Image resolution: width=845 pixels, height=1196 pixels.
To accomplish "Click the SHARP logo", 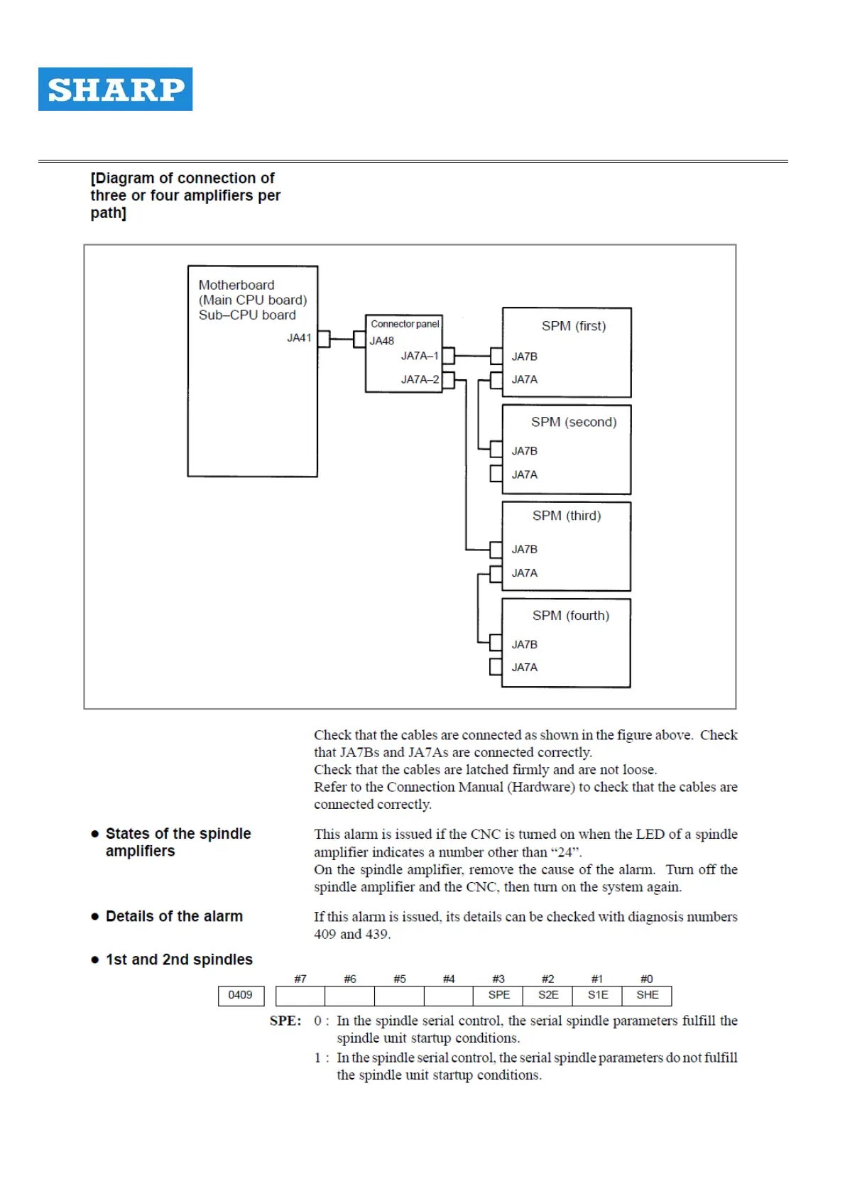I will pyautogui.click(x=115, y=89).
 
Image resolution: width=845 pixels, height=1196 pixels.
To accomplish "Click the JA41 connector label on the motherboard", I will pyautogui.click(x=299, y=338).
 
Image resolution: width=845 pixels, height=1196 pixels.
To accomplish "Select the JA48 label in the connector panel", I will pyautogui.click(x=382, y=341).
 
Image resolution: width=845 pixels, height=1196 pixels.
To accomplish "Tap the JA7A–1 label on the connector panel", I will pyautogui.click(x=420, y=356).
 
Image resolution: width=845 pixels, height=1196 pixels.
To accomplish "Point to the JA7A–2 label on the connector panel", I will pyautogui.click(x=420, y=379).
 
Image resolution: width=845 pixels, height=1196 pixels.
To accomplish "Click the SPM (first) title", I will pyautogui.click(x=573, y=326).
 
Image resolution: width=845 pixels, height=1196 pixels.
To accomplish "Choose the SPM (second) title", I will pyautogui.click(x=574, y=422).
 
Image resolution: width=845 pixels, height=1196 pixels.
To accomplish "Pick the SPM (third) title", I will pyautogui.click(x=567, y=516).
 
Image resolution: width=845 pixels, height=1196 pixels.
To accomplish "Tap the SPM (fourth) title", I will pyautogui.click(x=571, y=616).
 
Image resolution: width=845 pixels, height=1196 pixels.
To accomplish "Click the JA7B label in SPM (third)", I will pyautogui.click(x=524, y=549).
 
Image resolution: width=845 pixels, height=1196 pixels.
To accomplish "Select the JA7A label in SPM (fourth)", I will pyautogui.click(x=524, y=668).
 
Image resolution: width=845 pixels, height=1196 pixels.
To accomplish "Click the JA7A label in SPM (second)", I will pyautogui.click(x=524, y=474).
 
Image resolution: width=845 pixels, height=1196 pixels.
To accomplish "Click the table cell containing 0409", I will pyautogui.click(x=240, y=995).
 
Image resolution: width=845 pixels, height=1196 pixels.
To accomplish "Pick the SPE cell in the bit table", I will pyautogui.click(x=498, y=995).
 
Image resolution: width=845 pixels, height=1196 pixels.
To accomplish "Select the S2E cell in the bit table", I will pyautogui.click(x=547, y=995).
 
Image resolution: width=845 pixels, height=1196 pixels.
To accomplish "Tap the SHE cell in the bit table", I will pyautogui.click(x=647, y=995).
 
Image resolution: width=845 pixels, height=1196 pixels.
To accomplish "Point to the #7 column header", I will pyautogui.click(x=300, y=979).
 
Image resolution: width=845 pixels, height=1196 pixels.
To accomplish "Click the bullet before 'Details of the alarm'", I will pyautogui.click(x=94, y=916).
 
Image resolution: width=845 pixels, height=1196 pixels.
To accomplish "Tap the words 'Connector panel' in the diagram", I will pyautogui.click(x=405, y=324).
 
